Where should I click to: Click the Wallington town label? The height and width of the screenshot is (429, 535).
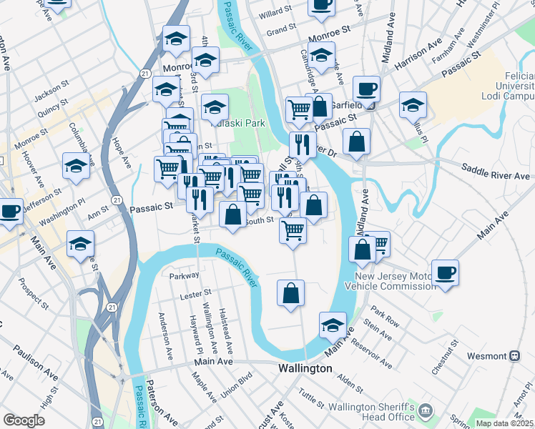(x=305, y=368)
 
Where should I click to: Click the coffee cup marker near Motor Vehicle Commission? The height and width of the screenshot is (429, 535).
(x=445, y=272)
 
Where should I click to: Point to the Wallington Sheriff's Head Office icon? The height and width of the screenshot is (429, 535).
(x=426, y=410)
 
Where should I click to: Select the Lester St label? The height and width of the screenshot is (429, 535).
(x=196, y=293)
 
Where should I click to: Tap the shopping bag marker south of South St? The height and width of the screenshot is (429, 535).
(x=290, y=293)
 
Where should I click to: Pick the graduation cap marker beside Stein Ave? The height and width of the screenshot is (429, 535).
(x=333, y=326)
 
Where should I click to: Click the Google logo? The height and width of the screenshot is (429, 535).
(x=24, y=420)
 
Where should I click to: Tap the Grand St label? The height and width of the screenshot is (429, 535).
(x=281, y=29)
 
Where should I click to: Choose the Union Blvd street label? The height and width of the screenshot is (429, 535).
(x=238, y=386)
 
